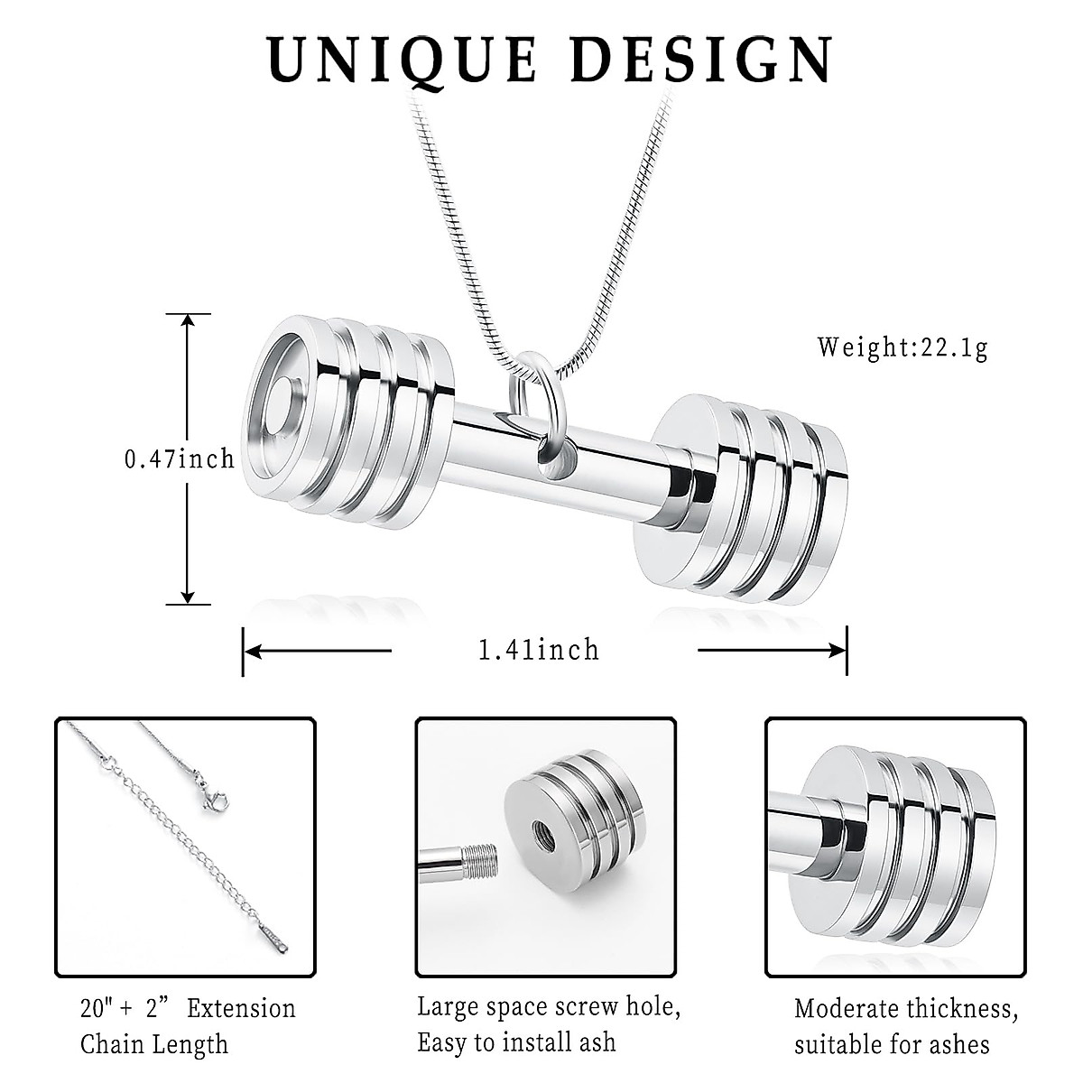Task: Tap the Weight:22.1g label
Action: pyautogui.click(x=902, y=347)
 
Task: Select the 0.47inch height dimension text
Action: pyautogui.click(x=179, y=459)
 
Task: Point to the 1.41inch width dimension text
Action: pyautogui.click(x=539, y=649)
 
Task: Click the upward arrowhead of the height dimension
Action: pyautogui.click(x=188, y=322)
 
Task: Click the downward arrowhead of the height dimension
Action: pyautogui.click(x=188, y=595)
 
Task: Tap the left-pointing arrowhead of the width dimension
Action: pyautogui.click(x=253, y=649)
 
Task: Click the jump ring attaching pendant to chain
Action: pyautogui.click(x=532, y=397)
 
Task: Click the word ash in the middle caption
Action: pyautogui.click(x=596, y=1041)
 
